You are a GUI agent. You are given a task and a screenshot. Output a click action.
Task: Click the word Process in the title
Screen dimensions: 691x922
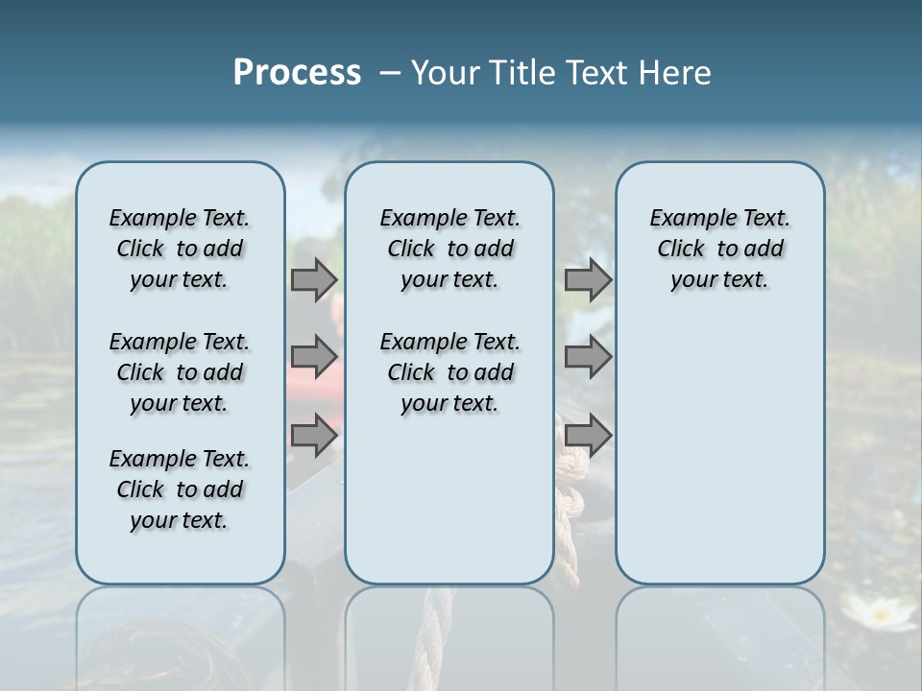(297, 73)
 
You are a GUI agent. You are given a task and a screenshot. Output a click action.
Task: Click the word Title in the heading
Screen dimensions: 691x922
(518, 73)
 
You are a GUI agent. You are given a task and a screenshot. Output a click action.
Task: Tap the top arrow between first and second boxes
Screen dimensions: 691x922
(314, 279)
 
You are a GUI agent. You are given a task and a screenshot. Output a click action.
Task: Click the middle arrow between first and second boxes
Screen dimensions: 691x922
(314, 357)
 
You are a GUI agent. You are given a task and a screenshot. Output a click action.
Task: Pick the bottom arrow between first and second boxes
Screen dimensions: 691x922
(314, 436)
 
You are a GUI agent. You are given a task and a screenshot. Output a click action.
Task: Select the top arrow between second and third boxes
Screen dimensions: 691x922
(588, 279)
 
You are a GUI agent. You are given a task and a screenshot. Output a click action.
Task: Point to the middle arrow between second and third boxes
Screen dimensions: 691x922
(588, 357)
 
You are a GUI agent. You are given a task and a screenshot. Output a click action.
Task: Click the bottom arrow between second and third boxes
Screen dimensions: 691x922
(588, 436)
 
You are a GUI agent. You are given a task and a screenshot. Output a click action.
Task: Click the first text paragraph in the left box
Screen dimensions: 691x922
(180, 249)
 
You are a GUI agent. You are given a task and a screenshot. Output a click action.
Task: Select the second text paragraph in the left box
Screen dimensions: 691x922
(180, 372)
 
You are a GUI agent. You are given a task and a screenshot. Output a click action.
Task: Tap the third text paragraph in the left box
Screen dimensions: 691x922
(180, 489)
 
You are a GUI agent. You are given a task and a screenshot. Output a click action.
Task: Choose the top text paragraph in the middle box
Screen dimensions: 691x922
(449, 249)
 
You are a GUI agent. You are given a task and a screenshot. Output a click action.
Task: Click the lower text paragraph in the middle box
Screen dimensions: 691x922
(449, 372)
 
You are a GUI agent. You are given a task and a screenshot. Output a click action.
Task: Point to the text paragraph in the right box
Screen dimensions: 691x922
(719, 249)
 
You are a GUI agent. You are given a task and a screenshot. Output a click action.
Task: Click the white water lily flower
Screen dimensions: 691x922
(877, 612)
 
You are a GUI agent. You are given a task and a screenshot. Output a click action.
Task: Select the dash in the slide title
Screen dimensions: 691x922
(390, 73)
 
